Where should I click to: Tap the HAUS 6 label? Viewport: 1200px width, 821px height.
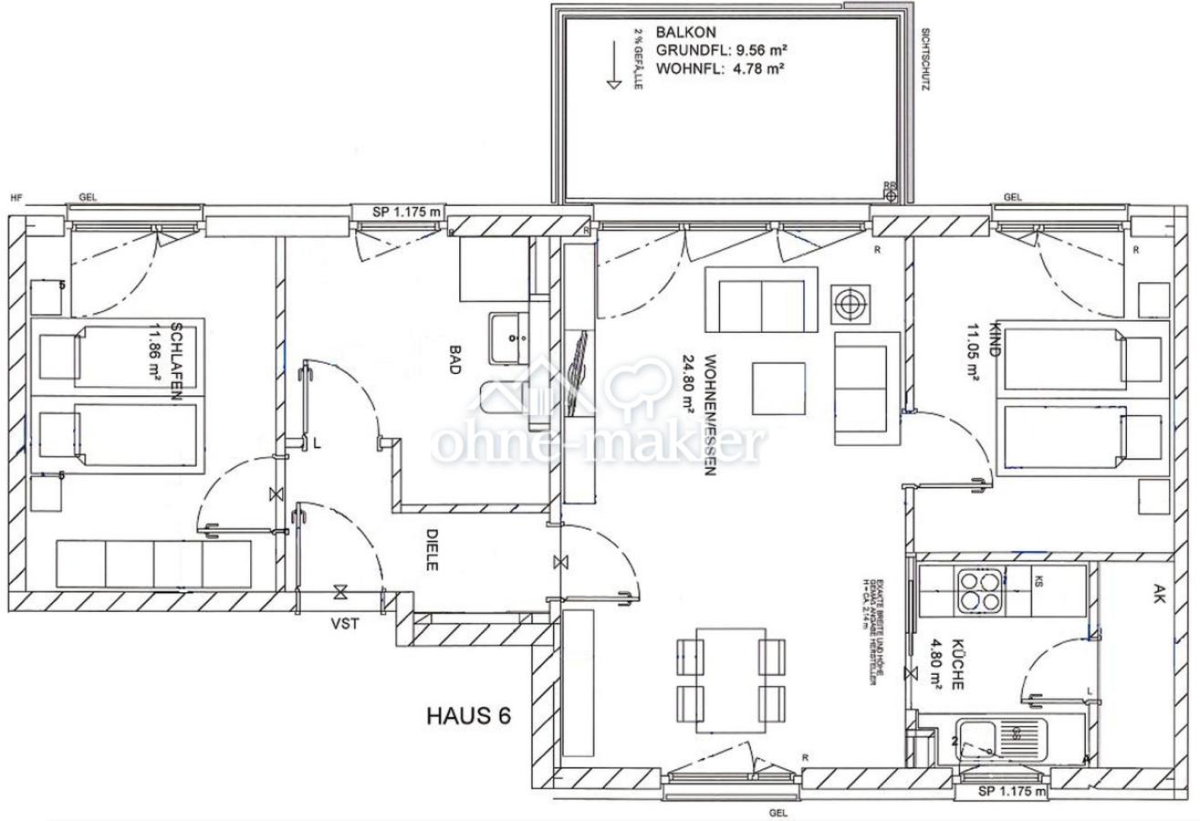click(x=467, y=715)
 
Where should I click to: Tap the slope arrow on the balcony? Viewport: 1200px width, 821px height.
click(x=613, y=68)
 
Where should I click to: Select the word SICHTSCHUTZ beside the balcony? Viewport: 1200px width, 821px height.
click(x=925, y=58)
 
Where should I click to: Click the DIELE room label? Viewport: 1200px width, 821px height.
click(x=432, y=550)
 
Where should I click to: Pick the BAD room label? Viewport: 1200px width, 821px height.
click(x=455, y=359)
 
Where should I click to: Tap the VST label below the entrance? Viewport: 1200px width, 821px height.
click(x=344, y=624)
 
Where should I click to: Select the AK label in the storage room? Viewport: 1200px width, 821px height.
click(x=1158, y=596)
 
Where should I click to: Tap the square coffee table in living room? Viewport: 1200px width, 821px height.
click(x=778, y=389)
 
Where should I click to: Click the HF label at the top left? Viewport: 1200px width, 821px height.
click(x=16, y=197)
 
